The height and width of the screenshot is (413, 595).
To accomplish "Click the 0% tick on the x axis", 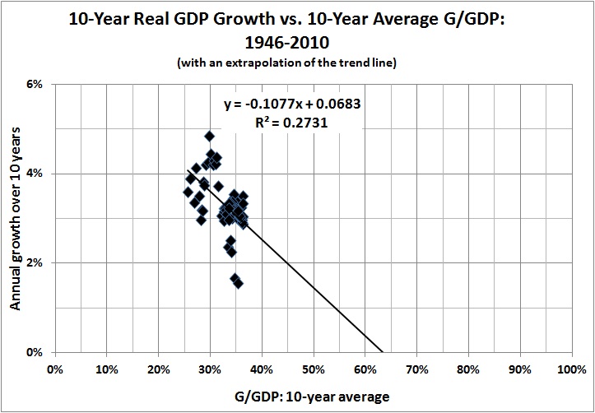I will click(55, 369).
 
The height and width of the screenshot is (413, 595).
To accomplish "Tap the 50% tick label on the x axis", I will click(313, 369).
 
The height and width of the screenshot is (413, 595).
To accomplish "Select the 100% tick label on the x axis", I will click(570, 369).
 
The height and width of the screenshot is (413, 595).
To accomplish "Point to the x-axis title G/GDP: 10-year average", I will click(313, 396).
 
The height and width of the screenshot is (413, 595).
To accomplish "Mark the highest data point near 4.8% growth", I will click(210, 136).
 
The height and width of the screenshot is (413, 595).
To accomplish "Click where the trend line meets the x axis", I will click(382, 352).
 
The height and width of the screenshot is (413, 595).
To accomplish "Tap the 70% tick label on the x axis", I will click(416, 369).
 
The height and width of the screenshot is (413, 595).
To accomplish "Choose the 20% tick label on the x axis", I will click(158, 369).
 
